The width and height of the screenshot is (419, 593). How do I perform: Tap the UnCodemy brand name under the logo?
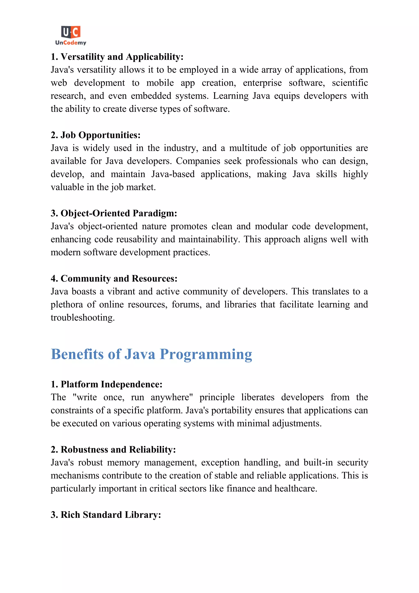tap(71, 43)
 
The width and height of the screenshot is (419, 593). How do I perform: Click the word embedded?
tap(151, 96)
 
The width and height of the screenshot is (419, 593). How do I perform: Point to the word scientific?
tap(350, 83)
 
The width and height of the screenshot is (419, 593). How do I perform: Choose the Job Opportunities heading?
tap(96, 135)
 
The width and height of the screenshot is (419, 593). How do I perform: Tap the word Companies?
tap(198, 161)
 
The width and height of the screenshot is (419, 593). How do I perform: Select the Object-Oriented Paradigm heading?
tap(114, 213)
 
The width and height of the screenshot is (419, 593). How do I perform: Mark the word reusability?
tap(137, 239)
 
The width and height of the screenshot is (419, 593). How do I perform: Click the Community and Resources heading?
tap(114, 279)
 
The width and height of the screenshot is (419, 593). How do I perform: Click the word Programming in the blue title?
tap(206, 354)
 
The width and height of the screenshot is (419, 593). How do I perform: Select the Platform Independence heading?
tap(107, 384)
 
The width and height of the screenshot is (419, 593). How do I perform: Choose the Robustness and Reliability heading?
tap(113, 450)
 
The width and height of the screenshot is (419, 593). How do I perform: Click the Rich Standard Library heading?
tap(106, 515)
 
